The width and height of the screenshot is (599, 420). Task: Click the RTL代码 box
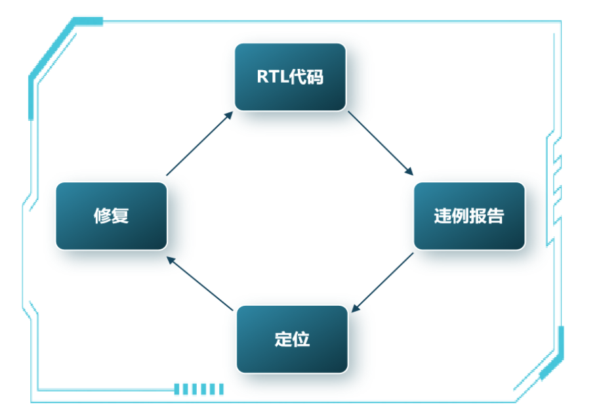[290, 77]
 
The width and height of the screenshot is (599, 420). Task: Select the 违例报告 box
[469, 216]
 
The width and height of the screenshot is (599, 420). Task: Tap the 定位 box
[292, 339]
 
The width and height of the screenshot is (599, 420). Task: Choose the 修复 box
[111, 216]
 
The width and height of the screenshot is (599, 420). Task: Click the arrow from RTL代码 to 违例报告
[380, 143]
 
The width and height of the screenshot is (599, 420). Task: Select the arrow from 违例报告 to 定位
[384, 281]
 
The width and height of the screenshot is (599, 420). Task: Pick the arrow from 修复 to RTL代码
[199, 144]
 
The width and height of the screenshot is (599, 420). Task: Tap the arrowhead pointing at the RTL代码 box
[229, 115]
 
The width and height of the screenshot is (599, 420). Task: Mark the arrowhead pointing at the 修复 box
[171, 259]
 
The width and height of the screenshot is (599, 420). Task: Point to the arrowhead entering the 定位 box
[355, 308]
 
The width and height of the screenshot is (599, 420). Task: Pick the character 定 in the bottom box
[283, 339]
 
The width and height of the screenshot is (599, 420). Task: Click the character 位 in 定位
[301, 339]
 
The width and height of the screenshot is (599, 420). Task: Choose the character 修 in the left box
[102, 216]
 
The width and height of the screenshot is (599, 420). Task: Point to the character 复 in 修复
[120, 216]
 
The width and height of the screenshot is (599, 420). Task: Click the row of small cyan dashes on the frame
[199, 389]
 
